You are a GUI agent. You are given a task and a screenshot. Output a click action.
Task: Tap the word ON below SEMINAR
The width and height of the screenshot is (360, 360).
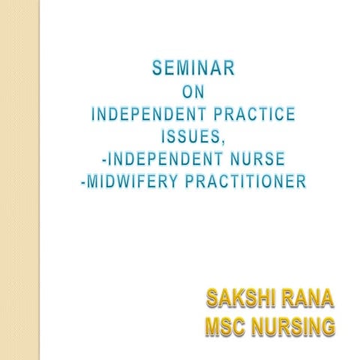[x=194, y=95]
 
